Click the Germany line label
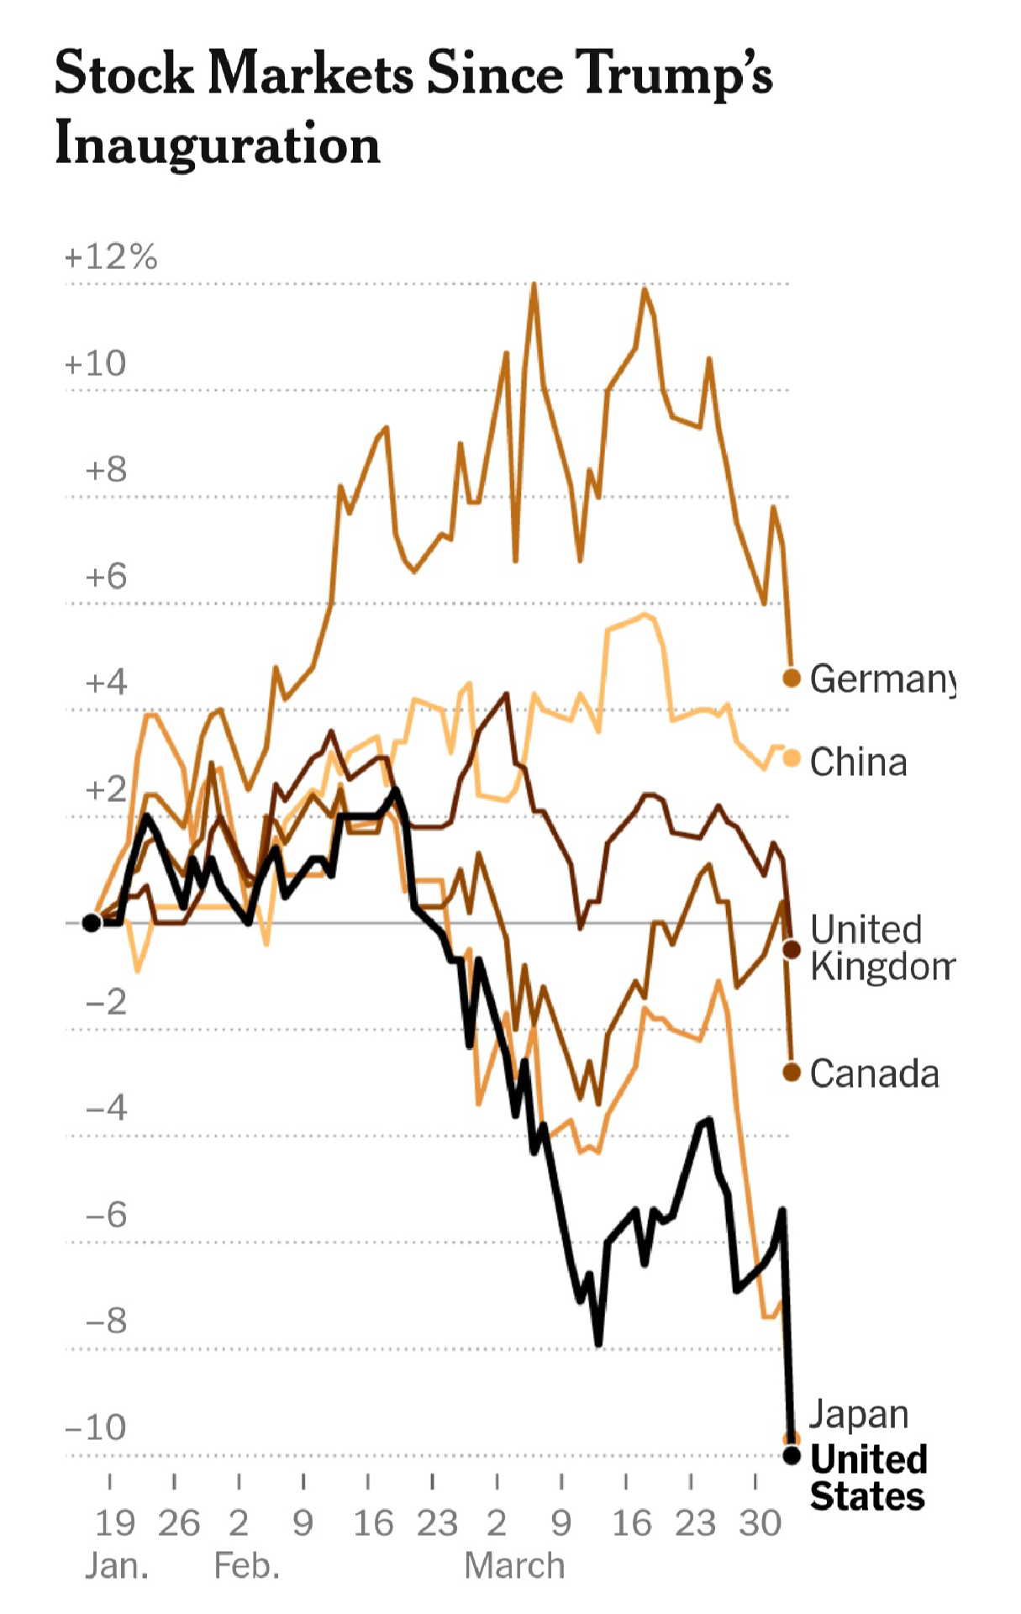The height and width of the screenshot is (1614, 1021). [882, 678]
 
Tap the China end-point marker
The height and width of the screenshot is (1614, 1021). [792, 758]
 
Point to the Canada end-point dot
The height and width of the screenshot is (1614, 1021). [792, 1072]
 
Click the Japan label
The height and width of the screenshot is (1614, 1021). [859, 1414]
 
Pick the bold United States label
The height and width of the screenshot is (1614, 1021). [868, 1478]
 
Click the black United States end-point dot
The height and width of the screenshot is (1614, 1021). [792, 1455]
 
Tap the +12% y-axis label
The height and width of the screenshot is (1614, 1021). [111, 257]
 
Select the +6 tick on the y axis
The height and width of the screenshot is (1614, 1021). [106, 577]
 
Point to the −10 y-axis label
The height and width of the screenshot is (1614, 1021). [96, 1427]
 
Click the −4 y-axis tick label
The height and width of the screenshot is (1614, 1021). [106, 1108]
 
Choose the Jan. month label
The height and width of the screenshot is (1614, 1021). [117, 1566]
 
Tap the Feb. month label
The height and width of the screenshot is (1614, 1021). [246, 1566]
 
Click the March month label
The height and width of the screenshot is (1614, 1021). [514, 1566]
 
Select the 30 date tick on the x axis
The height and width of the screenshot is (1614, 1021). [760, 1523]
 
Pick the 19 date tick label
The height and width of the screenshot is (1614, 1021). [114, 1523]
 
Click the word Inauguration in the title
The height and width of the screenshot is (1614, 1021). [218, 145]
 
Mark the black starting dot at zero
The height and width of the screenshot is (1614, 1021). [92, 923]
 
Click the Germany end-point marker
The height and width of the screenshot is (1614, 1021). [792, 678]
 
